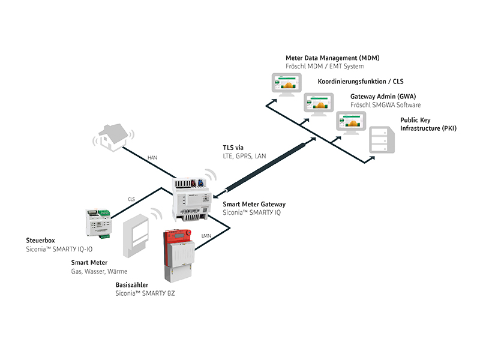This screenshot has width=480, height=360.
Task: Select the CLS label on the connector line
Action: pyautogui.click(x=131, y=199)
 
